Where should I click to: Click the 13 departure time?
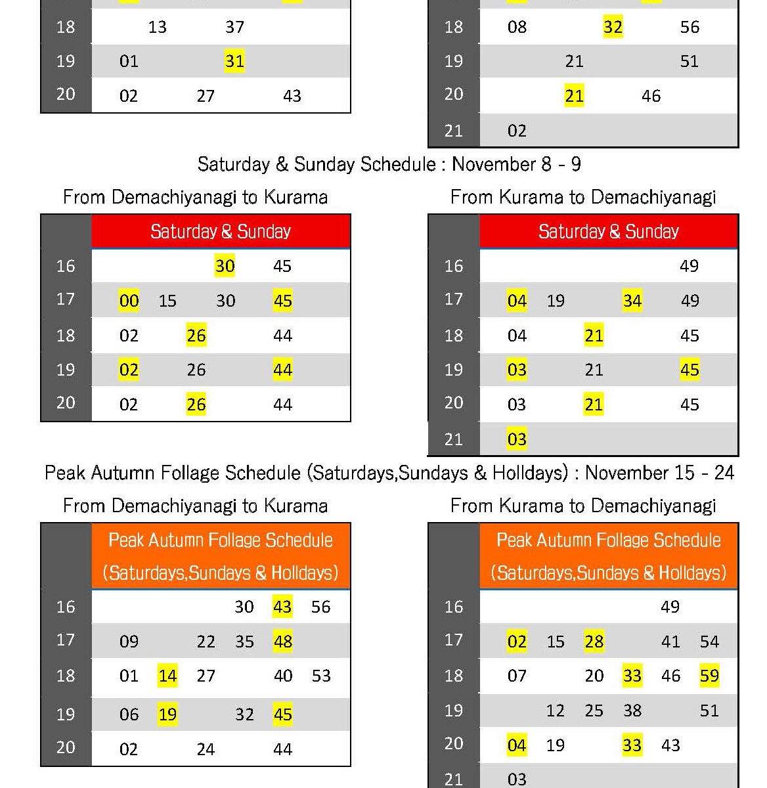(158, 27)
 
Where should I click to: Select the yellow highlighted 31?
(234, 61)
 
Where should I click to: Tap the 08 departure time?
(517, 27)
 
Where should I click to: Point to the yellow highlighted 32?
(613, 27)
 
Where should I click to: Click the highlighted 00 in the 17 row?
(129, 301)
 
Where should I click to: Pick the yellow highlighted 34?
(632, 301)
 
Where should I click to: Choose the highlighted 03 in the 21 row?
(517, 439)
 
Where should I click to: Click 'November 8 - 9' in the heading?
(516, 164)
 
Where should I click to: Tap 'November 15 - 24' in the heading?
(659, 473)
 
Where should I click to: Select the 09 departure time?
(129, 642)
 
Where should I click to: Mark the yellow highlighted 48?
(282, 642)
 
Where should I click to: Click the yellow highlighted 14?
(167, 676)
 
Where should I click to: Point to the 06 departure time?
(129, 714)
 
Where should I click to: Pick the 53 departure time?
(321, 676)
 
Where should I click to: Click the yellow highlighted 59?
(709, 676)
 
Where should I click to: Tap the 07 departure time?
(517, 676)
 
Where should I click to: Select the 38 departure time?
(632, 711)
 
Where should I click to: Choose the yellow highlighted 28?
(594, 642)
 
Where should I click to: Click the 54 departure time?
(709, 642)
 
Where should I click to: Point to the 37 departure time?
(234, 27)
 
